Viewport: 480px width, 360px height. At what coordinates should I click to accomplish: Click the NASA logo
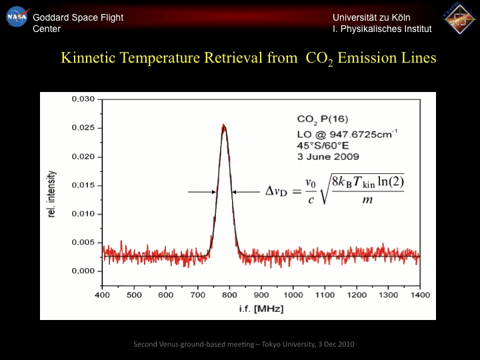click(x=17, y=16)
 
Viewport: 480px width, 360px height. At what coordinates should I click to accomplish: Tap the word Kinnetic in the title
click(x=88, y=58)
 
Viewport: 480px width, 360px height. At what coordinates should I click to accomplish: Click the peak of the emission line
click(x=224, y=125)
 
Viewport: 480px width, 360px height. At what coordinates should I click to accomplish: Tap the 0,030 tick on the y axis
click(x=83, y=99)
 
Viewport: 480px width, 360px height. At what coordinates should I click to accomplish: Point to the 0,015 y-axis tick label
click(x=83, y=185)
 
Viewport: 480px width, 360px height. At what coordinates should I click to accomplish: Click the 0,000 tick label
click(x=83, y=271)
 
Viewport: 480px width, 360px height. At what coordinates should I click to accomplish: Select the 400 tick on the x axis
click(x=102, y=294)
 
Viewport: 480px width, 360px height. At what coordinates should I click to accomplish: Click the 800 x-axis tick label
click(x=229, y=294)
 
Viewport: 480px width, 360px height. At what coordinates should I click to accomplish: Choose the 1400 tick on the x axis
click(x=419, y=294)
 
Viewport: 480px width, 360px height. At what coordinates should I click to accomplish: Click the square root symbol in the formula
click(x=325, y=189)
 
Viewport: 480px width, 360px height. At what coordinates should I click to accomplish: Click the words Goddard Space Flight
click(x=78, y=17)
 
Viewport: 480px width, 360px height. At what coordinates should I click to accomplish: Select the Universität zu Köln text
click(x=371, y=17)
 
